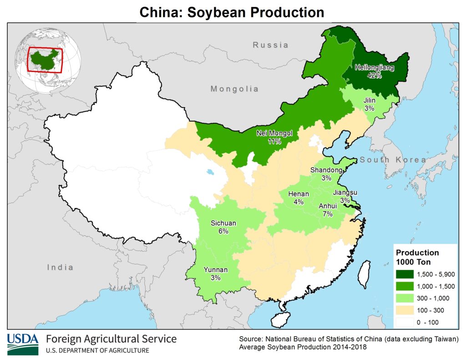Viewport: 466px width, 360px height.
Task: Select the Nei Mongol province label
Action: [x=274, y=133]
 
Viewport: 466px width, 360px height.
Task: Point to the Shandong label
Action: [x=326, y=170]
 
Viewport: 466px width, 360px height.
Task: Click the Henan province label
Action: [x=299, y=194]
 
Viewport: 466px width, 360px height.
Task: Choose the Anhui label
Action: [x=328, y=206]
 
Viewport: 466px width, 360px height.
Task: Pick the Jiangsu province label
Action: [x=345, y=193]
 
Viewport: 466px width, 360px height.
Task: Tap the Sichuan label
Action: [x=223, y=223]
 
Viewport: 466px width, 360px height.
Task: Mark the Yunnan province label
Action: [x=215, y=269]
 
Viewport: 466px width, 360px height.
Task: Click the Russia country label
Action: [x=271, y=45]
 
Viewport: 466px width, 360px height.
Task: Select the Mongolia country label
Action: [x=234, y=89]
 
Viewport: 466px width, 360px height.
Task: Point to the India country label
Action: [x=60, y=267]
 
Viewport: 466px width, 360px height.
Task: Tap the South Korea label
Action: [x=393, y=160]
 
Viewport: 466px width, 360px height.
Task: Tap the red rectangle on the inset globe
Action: [x=45, y=60]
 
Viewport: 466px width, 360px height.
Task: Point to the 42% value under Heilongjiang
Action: [x=375, y=76]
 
